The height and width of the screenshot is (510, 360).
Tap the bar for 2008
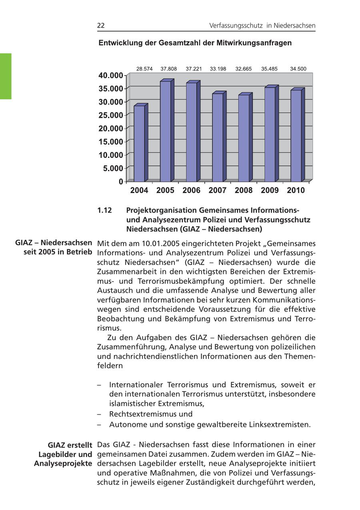[244, 138]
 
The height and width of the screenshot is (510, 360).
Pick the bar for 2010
[296, 135]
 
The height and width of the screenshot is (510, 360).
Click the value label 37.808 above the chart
[169, 69]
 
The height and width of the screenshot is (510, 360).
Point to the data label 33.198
[218, 69]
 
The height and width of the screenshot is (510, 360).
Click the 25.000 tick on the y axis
[111, 115]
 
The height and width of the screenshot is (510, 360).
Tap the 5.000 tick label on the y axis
[113, 168]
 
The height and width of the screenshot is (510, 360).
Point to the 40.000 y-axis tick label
[111, 76]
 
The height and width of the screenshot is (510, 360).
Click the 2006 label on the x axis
[191, 190]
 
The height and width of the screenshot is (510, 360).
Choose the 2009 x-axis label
[270, 190]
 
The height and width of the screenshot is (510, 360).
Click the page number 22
[101, 26]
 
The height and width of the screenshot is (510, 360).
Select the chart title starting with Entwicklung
[195, 43]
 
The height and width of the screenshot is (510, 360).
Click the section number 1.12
[104, 210]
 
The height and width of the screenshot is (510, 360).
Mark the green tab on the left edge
[6, 76]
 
